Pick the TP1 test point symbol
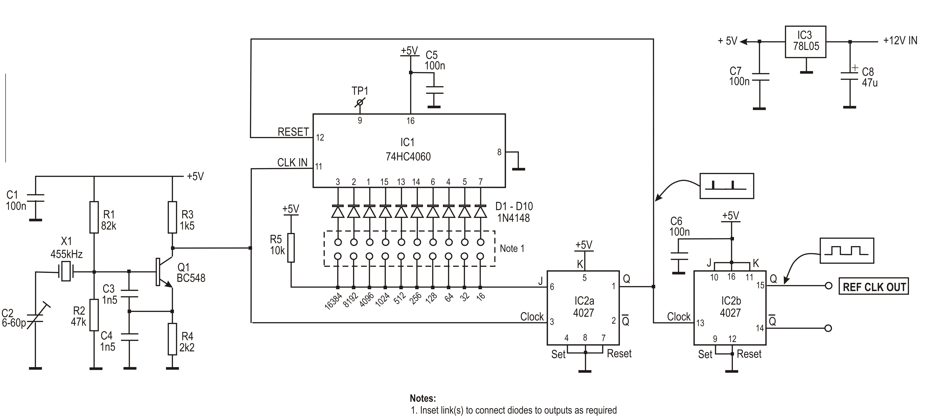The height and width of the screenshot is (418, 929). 359,103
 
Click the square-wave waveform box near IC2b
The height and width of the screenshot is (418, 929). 847,250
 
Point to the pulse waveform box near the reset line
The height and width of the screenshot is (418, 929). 726,186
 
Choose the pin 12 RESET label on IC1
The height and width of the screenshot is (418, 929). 293,132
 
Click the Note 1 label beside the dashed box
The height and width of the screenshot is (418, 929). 512,249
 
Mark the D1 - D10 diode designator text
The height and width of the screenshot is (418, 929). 514,207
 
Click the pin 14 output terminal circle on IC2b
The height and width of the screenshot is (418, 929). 828,328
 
